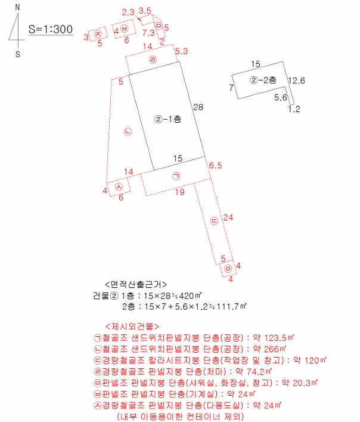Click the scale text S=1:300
point(51,29)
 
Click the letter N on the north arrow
point(17,7)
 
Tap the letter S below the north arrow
point(18,54)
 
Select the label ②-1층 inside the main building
point(167,119)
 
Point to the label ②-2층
point(263,80)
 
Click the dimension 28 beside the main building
point(198,107)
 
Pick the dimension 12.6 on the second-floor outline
point(296,80)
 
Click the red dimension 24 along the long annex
point(228,217)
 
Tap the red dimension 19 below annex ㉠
point(179,192)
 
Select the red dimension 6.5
point(216,165)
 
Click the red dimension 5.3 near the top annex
point(182,51)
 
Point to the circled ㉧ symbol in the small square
point(228,269)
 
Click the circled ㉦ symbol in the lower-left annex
point(119,187)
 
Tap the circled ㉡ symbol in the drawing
point(128,132)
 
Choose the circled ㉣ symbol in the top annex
point(153,60)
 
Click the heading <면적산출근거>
point(136,284)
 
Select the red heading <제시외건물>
point(132,327)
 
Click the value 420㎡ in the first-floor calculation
point(191,296)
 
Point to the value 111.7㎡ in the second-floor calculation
point(232,306)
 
